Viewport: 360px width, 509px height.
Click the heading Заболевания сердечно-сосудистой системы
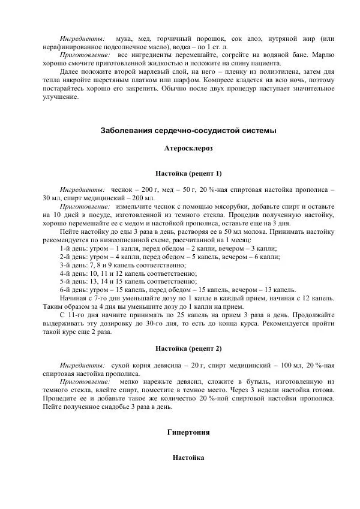click(x=188, y=130)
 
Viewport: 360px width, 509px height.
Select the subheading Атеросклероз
click(x=188, y=147)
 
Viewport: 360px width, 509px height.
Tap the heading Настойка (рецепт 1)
click(x=188, y=173)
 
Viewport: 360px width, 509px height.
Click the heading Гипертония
click(x=188, y=432)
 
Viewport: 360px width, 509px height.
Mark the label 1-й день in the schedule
click(x=74, y=248)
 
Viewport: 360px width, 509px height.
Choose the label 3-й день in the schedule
click(x=74, y=264)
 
